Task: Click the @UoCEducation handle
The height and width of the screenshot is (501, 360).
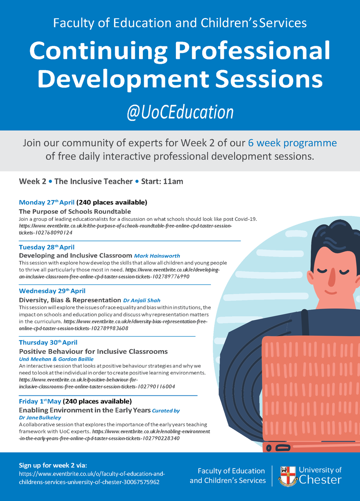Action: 180,112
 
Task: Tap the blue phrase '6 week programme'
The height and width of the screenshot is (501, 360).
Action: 292,143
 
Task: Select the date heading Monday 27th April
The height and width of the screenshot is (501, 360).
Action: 47,202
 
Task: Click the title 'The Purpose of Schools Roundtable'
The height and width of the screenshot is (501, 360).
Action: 75,211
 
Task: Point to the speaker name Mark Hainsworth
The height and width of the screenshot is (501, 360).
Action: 160,255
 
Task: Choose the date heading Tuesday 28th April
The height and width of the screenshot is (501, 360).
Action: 47,247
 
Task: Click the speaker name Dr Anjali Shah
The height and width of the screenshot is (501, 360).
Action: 142,300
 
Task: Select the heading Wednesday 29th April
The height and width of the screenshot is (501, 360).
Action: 52,291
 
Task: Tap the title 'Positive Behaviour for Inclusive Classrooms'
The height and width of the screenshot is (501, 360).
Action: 93,351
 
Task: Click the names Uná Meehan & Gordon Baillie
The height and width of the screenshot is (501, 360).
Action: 56,359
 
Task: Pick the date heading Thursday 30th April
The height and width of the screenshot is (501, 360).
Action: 48,342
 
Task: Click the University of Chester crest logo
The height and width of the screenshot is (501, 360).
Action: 287,476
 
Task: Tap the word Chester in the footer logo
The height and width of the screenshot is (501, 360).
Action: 320,480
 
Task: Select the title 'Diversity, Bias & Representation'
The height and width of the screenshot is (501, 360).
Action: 70,300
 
